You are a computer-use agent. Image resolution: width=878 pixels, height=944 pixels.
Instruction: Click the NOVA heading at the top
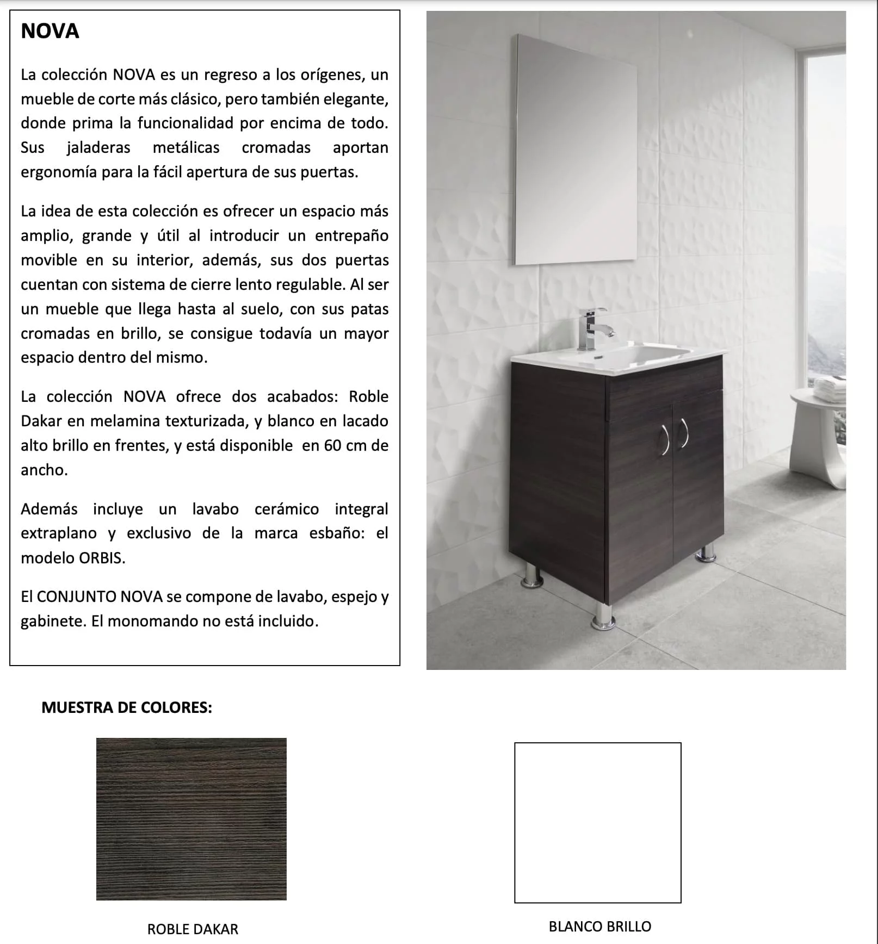coord(50,32)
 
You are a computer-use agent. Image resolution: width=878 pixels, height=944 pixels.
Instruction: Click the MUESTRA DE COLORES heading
coord(127,707)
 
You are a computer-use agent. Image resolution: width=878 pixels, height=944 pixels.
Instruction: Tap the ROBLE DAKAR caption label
coord(193,929)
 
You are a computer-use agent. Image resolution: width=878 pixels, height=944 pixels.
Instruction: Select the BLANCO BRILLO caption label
coord(599,927)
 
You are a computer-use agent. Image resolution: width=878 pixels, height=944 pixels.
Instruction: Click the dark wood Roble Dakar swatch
coord(191,819)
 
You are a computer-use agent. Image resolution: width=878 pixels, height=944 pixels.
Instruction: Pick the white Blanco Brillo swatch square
coord(597,823)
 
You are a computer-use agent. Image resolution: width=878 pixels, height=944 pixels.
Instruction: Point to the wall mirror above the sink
coord(576,150)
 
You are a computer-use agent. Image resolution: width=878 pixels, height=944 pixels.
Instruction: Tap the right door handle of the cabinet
coord(683,433)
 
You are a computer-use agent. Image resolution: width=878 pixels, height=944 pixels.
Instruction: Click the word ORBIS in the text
coord(101,558)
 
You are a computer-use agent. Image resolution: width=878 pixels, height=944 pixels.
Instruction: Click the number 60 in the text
coord(332,445)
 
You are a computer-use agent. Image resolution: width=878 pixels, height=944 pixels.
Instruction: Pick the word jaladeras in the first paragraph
coord(98,147)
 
